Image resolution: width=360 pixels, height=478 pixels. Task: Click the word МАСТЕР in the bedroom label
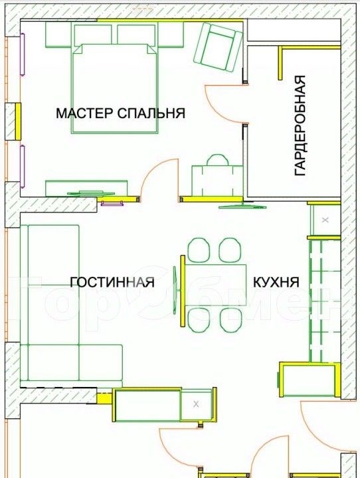[x=84, y=113]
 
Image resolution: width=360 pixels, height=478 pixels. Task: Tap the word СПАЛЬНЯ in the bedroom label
[x=151, y=113]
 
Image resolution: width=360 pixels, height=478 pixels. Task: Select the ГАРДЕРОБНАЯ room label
[x=300, y=125]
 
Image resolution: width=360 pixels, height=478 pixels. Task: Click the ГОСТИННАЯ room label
[x=112, y=282]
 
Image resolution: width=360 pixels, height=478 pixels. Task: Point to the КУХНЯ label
[x=276, y=282]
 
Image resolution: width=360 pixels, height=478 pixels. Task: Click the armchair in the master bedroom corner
[x=218, y=47]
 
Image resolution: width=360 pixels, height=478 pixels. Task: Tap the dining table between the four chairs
[x=216, y=285]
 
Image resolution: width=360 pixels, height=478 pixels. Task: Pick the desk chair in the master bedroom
[x=217, y=160]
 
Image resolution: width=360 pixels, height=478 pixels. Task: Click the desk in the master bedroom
[x=217, y=181]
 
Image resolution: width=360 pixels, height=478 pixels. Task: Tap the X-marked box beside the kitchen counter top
[x=325, y=220]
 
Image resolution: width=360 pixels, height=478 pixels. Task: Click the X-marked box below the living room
[x=196, y=404]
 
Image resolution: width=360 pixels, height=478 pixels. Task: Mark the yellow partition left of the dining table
[x=183, y=291]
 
